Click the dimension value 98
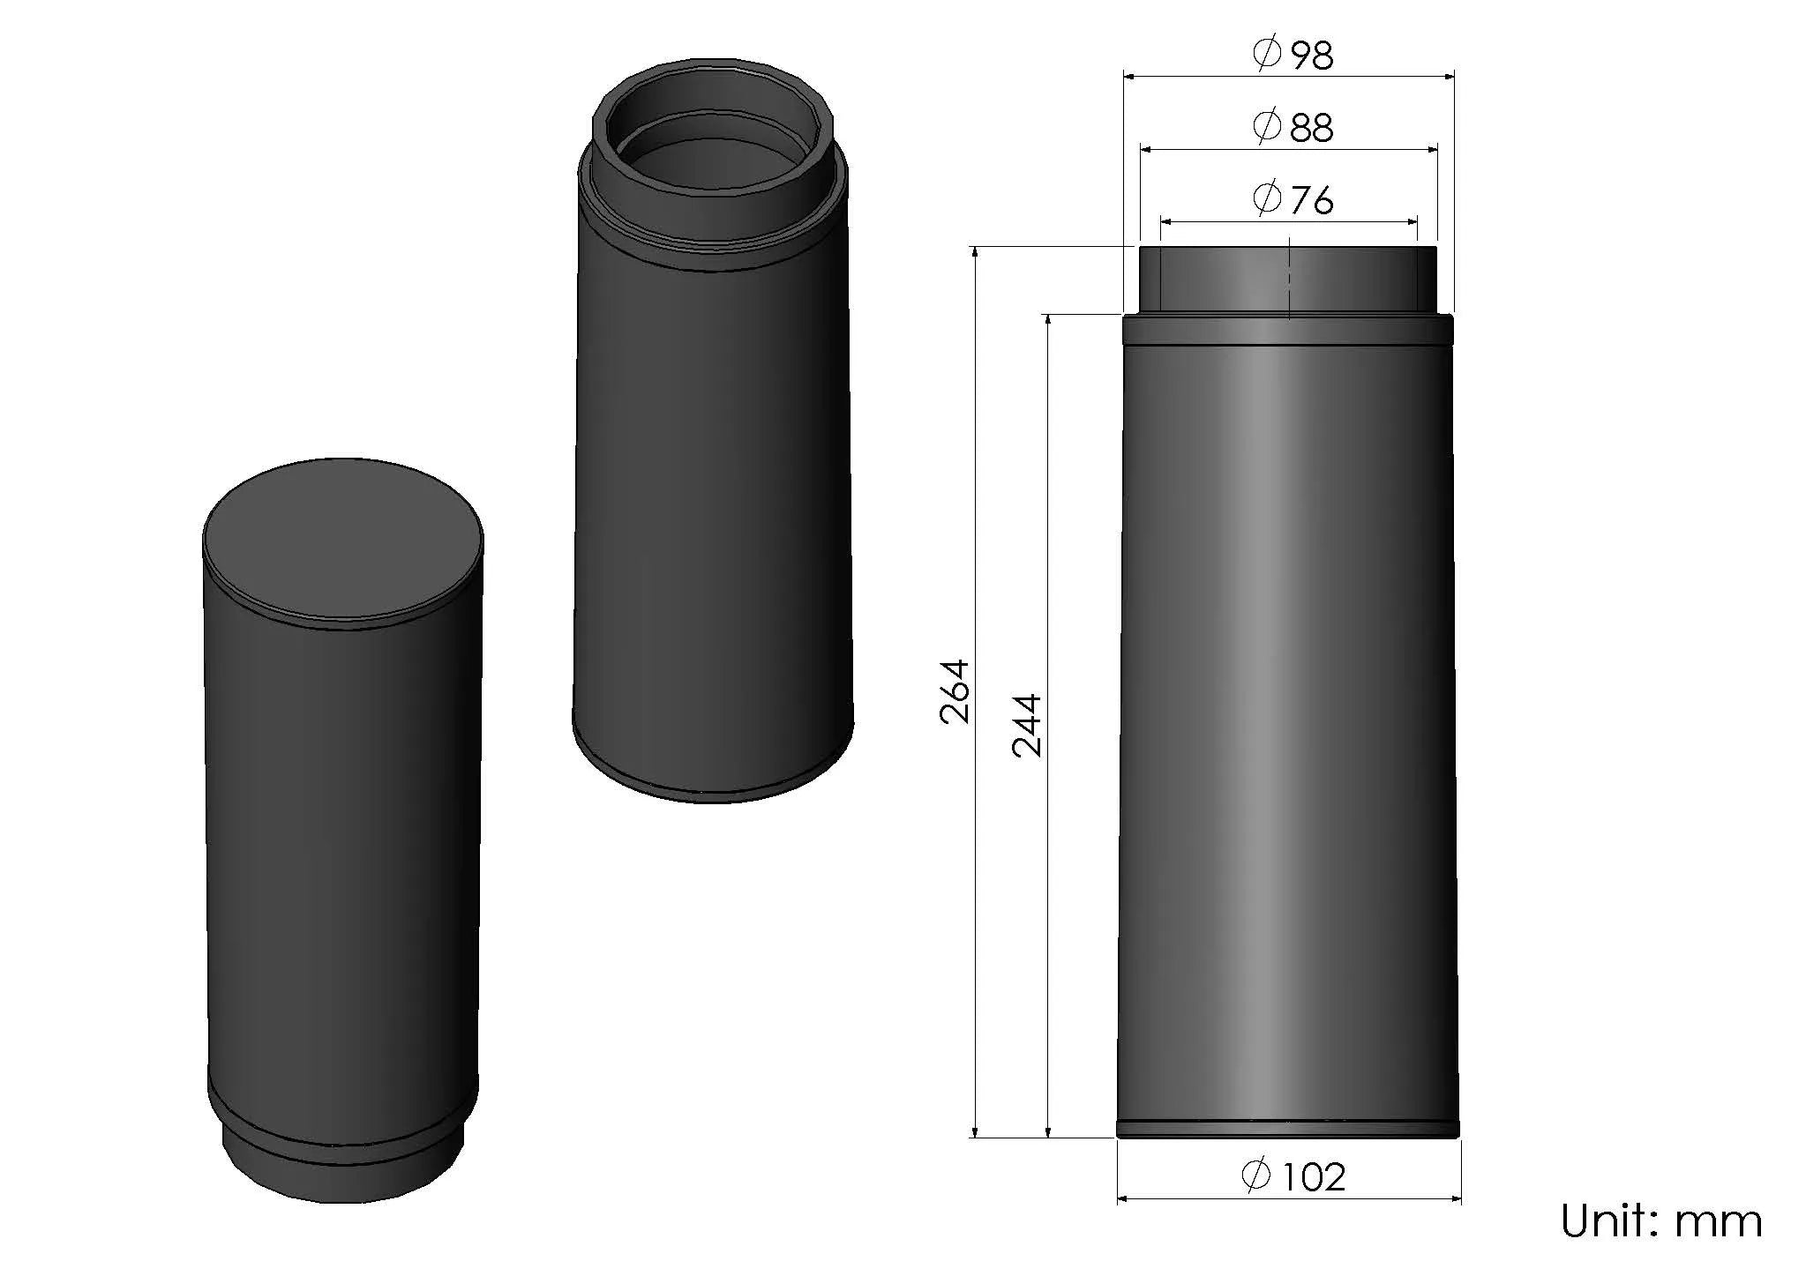point(1312,56)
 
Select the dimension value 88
point(1312,128)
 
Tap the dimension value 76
point(1312,201)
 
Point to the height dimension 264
point(955,691)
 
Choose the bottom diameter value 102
point(1314,1177)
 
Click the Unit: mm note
point(1660,1221)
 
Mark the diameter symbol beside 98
point(1267,55)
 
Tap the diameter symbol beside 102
point(1255,1175)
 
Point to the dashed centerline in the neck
point(1289,278)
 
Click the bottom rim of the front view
point(1288,1129)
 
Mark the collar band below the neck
point(1288,330)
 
